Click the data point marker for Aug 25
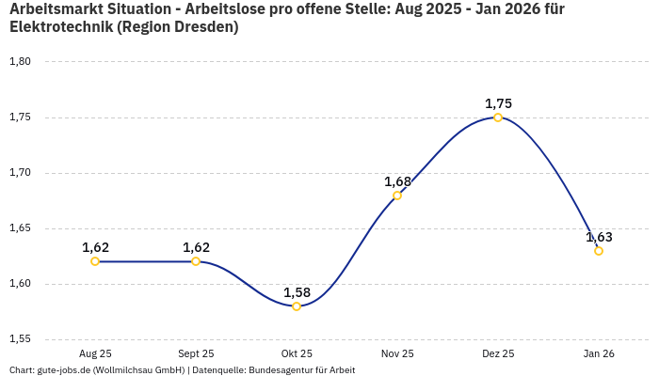tap(95, 261)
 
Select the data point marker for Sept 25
tap(196, 261)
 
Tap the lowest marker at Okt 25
tap(297, 306)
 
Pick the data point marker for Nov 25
tap(397, 196)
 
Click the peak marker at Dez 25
tap(498, 117)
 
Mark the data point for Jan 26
tap(599, 251)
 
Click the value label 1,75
tap(498, 103)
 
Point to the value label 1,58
tap(297, 292)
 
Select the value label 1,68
tap(397, 181)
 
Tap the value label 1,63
tap(599, 237)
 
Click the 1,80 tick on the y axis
tap(20, 62)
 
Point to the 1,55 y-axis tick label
tap(20, 339)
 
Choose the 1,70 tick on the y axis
tap(20, 173)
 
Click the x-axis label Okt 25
tap(297, 354)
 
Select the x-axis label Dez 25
tap(498, 354)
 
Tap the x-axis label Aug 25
tap(95, 354)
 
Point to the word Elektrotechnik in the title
tap(58, 27)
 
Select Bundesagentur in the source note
tap(281, 370)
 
